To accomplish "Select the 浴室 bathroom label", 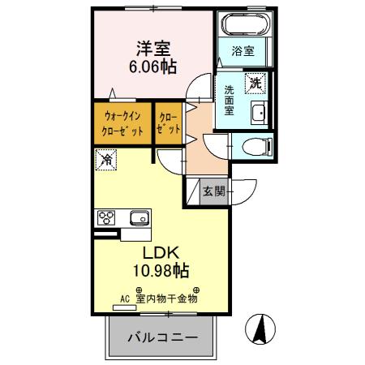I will coord(243,51).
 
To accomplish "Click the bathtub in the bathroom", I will coord(244,24).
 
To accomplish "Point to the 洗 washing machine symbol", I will coord(256,82).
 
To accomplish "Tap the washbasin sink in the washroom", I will coord(259,113).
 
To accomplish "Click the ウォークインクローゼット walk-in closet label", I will coord(122,123).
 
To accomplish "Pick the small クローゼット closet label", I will coord(169,123).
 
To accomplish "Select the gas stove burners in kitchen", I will coord(107,217).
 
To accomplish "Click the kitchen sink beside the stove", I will coord(137,217).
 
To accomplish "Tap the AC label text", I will coord(125,298).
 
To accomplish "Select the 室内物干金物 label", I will coord(166,298).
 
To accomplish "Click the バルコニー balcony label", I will coord(157,335).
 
